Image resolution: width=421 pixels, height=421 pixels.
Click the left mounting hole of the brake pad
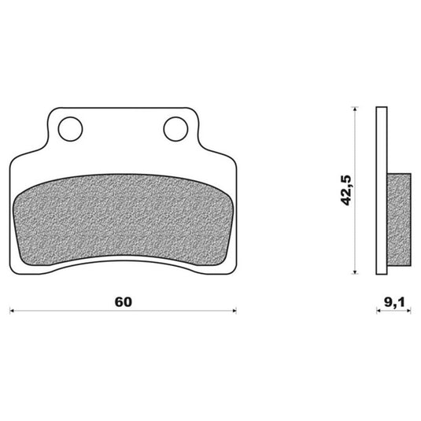(70, 129)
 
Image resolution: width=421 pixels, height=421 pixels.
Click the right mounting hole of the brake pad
(175, 129)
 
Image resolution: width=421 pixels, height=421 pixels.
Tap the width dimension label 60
(124, 302)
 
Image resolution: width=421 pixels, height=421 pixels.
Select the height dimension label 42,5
(345, 190)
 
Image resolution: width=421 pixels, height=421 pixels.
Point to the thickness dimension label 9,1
(394, 302)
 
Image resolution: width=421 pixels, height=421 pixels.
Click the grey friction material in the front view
(123, 220)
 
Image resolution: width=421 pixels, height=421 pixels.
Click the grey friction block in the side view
(399, 220)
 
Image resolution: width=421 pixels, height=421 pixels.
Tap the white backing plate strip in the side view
(382, 190)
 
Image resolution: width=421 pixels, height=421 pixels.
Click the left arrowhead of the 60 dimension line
(12, 311)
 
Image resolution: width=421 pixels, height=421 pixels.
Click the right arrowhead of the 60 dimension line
(235, 311)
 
